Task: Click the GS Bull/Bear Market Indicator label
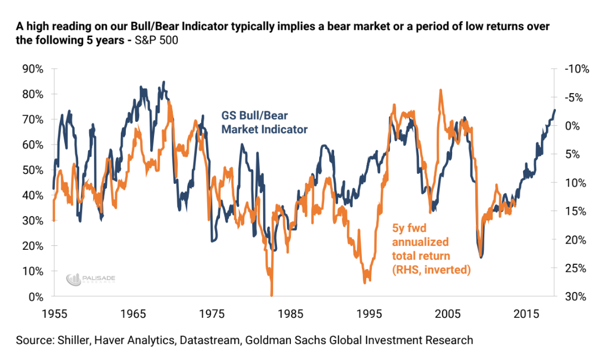(x=264, y=122)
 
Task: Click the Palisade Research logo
(x=91, y=279)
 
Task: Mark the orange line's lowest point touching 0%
(x=272, y=295)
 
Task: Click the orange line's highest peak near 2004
(x=440, y=90)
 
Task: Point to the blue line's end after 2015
(x=554, y=110)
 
